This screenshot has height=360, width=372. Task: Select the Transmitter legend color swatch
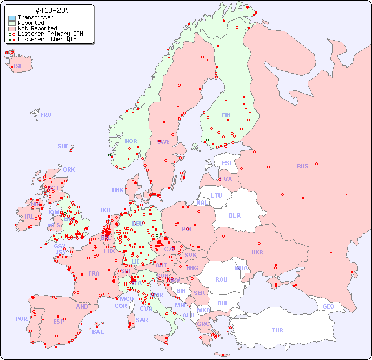(x=12, y=18)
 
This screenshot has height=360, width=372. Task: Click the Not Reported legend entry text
(x=37, y=28)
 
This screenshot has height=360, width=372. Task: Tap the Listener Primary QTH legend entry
(x=46, y=34)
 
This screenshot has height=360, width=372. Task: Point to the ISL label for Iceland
(x=18, y=67)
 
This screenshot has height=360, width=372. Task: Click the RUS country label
(x=302, y=166)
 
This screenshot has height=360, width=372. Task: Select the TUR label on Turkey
(x=277, y=330)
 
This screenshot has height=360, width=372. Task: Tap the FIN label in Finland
(x=226, y=115)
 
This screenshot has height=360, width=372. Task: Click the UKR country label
(x=257, y=252)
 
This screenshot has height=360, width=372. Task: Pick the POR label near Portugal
(x=21, y=319)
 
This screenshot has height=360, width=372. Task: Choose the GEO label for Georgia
(x=328, y=306)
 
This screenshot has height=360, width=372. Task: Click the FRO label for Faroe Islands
(x=46, y=115)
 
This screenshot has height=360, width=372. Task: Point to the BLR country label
(x=234, y=215)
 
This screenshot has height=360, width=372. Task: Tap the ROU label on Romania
(x=221, y=279)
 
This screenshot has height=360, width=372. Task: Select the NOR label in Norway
(x=131, y=141)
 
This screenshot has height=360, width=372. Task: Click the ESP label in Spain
(x=58, y=321)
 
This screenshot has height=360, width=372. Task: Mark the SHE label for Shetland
(x=63, y=146)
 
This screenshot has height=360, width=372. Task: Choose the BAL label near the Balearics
(x=97, y=332)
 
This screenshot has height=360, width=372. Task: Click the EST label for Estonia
(x=227, y=163)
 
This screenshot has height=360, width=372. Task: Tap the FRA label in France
(x=94, y=273)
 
